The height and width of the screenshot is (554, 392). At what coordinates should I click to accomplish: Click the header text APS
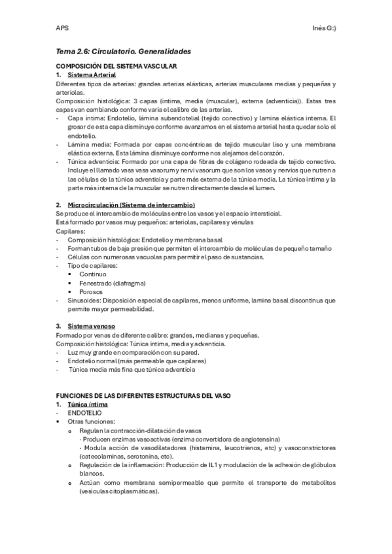pos(62,28)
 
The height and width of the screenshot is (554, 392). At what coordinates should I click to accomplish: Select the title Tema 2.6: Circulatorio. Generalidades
pos(123,51)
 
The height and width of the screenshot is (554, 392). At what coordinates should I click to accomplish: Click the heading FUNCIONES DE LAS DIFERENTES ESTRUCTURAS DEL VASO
pos(143,396)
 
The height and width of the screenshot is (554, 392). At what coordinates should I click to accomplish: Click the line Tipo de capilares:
pos(93,265)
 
